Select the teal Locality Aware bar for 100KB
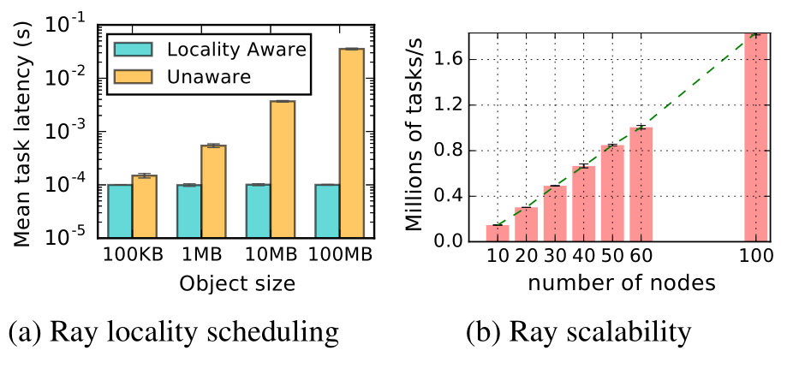119,212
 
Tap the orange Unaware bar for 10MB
282,170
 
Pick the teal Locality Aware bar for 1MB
188,212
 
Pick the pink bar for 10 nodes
497,233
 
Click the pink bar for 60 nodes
641,184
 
